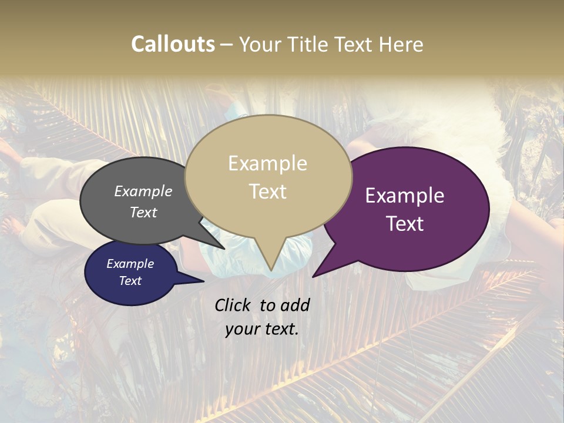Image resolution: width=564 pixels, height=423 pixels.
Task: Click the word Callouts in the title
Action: (173, 44)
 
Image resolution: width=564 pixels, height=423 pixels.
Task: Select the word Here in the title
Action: (401, 44)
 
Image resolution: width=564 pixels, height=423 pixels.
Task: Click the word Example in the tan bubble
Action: (267, 163)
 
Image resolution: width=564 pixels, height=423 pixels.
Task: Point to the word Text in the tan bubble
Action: (267, 192)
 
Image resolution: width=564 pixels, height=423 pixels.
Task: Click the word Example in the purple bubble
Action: (405, 196)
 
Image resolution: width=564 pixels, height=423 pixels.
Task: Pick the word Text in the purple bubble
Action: (405, 224)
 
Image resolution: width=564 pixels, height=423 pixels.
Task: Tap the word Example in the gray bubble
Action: (143, 192)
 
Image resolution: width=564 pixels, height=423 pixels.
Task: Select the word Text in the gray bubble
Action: (143, 213)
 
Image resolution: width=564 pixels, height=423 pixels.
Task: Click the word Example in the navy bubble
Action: (130, 264)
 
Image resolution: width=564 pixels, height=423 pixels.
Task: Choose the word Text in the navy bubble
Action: (130, 281)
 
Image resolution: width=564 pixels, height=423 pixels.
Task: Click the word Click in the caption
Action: (234, 305)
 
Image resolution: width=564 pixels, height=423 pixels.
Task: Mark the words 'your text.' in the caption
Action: (262, 329)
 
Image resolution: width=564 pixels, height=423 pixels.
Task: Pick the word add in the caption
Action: (296, 305)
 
